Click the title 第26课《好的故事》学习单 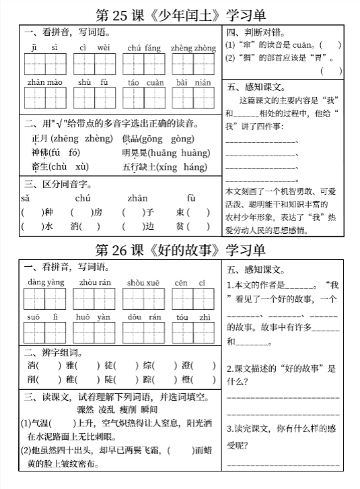point(180,250)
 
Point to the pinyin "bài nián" point(194,82)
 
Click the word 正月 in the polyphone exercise point(40,139)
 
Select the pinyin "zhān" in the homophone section point(137,199)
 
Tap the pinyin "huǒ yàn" point(94,317)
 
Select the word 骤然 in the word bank point(85,410)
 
